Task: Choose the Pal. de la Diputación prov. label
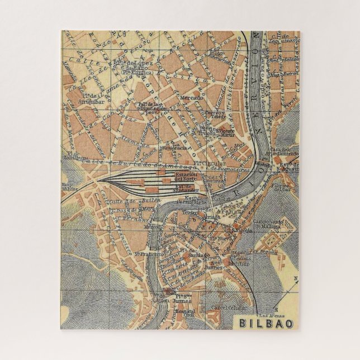click(150, 107)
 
